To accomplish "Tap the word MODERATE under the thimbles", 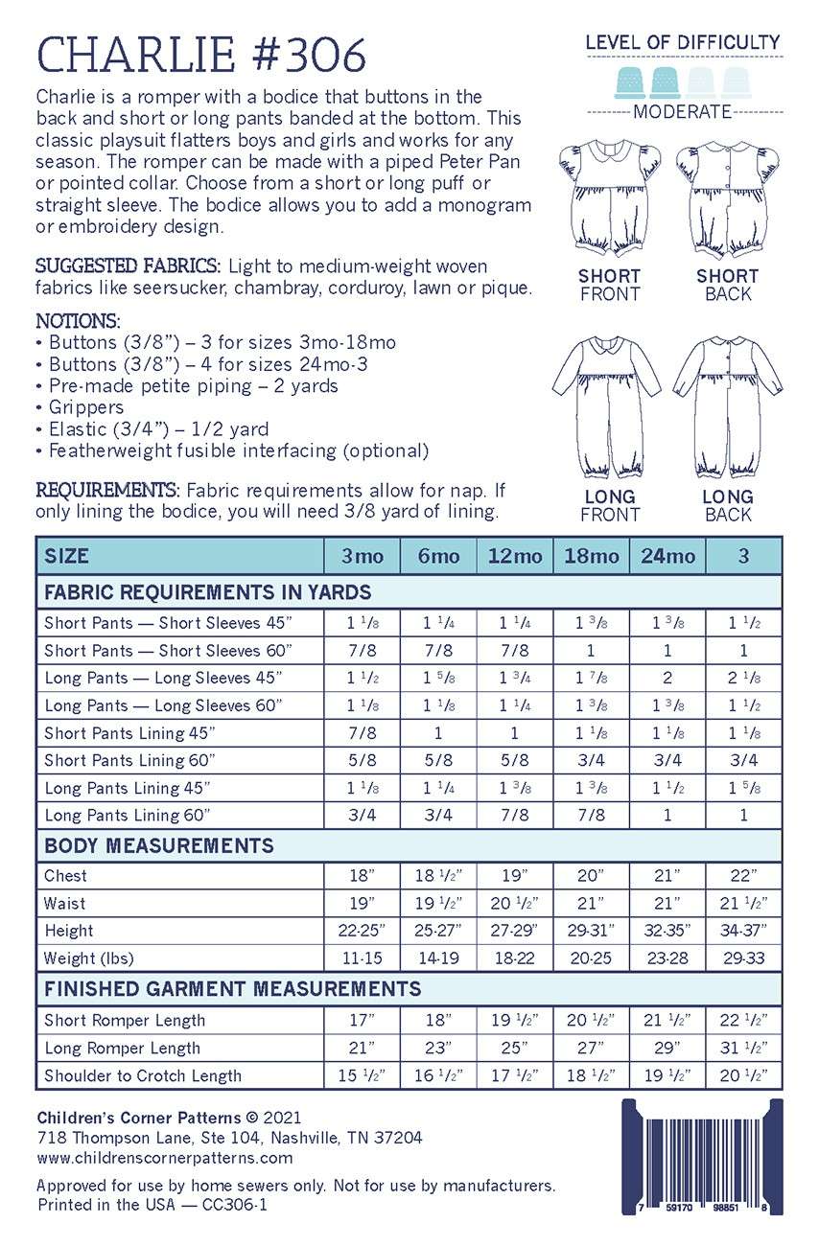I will point(683,112).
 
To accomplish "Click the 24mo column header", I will point(667,556).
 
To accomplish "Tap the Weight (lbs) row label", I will point(89,958).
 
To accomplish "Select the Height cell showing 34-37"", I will point(743,931).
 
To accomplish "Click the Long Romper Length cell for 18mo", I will point(591,1048).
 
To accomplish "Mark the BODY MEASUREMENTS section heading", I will point(159,846).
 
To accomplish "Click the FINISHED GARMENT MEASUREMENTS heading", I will point(233,988).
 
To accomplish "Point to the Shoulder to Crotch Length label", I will point(143,1075).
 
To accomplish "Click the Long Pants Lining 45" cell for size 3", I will point(743,788).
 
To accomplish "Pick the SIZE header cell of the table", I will point(66,556).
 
